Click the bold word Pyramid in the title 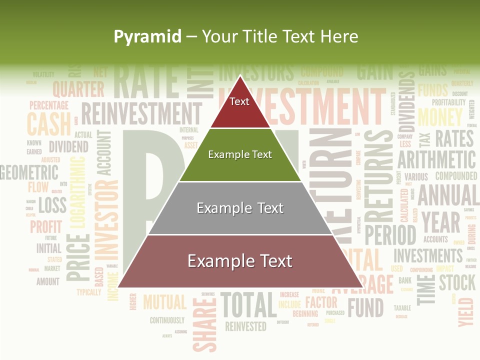tap(147, 36)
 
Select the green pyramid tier tap(240, 155)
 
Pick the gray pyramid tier tap(240, 208)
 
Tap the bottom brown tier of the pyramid tap(240, 261)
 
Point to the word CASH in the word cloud tap(48, 124)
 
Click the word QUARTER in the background tap(78, 89)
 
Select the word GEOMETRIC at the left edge tap(29, 172)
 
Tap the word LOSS tap(52, 204)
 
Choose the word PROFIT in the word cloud tap(46, 226)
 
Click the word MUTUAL tap(164, 302)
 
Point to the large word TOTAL tap(248, 305)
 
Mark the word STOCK tap(457, 282)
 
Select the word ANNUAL tap(447, 195)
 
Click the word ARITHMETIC tap(436, 160)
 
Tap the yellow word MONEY tap(440, 117)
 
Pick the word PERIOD tap(390, 234)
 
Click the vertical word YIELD tap(465, 311)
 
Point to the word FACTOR tap(321, 302)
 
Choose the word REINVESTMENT tap(141, 114)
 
